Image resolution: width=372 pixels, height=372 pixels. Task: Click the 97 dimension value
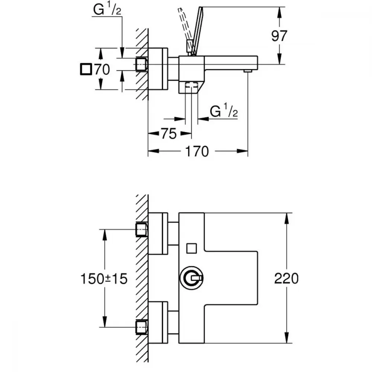coord(279,36)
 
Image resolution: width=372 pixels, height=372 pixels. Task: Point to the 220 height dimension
coord(286,278)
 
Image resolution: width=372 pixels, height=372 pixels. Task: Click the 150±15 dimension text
coord(104,278)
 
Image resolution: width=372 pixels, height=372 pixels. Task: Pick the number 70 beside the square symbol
coord(102,70)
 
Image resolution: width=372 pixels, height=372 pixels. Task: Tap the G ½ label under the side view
coord(224,111)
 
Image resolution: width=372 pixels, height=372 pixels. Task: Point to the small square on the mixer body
coord(192,248)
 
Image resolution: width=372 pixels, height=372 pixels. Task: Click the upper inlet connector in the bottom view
coord(141,230)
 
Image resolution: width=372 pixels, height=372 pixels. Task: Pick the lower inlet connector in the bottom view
coord(141,327)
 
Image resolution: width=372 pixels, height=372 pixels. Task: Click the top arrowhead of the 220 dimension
coord(286,217)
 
